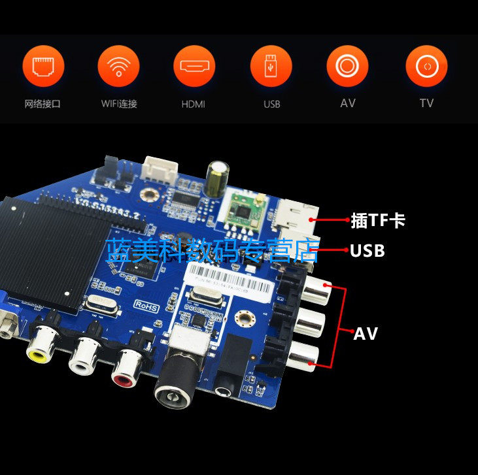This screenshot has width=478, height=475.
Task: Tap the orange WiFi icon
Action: click(x=118, y=67)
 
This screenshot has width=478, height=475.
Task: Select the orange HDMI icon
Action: click(x=194, y=67)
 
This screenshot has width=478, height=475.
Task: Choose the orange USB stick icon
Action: click(x=271, y=67)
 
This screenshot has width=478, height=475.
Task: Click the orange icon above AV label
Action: click(x=347, y=67)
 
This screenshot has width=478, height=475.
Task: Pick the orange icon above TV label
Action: click(x=426, y=67)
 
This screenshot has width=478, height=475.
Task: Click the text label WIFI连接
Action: click(x=118, y=104)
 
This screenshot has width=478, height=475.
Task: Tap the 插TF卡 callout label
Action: click(x=378, y=221)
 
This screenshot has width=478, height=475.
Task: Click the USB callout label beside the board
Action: click(x=367, y=251)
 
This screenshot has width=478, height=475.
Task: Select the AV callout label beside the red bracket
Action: click(x=366, y=334)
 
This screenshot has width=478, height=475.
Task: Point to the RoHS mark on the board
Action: click(x=148, y=304)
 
